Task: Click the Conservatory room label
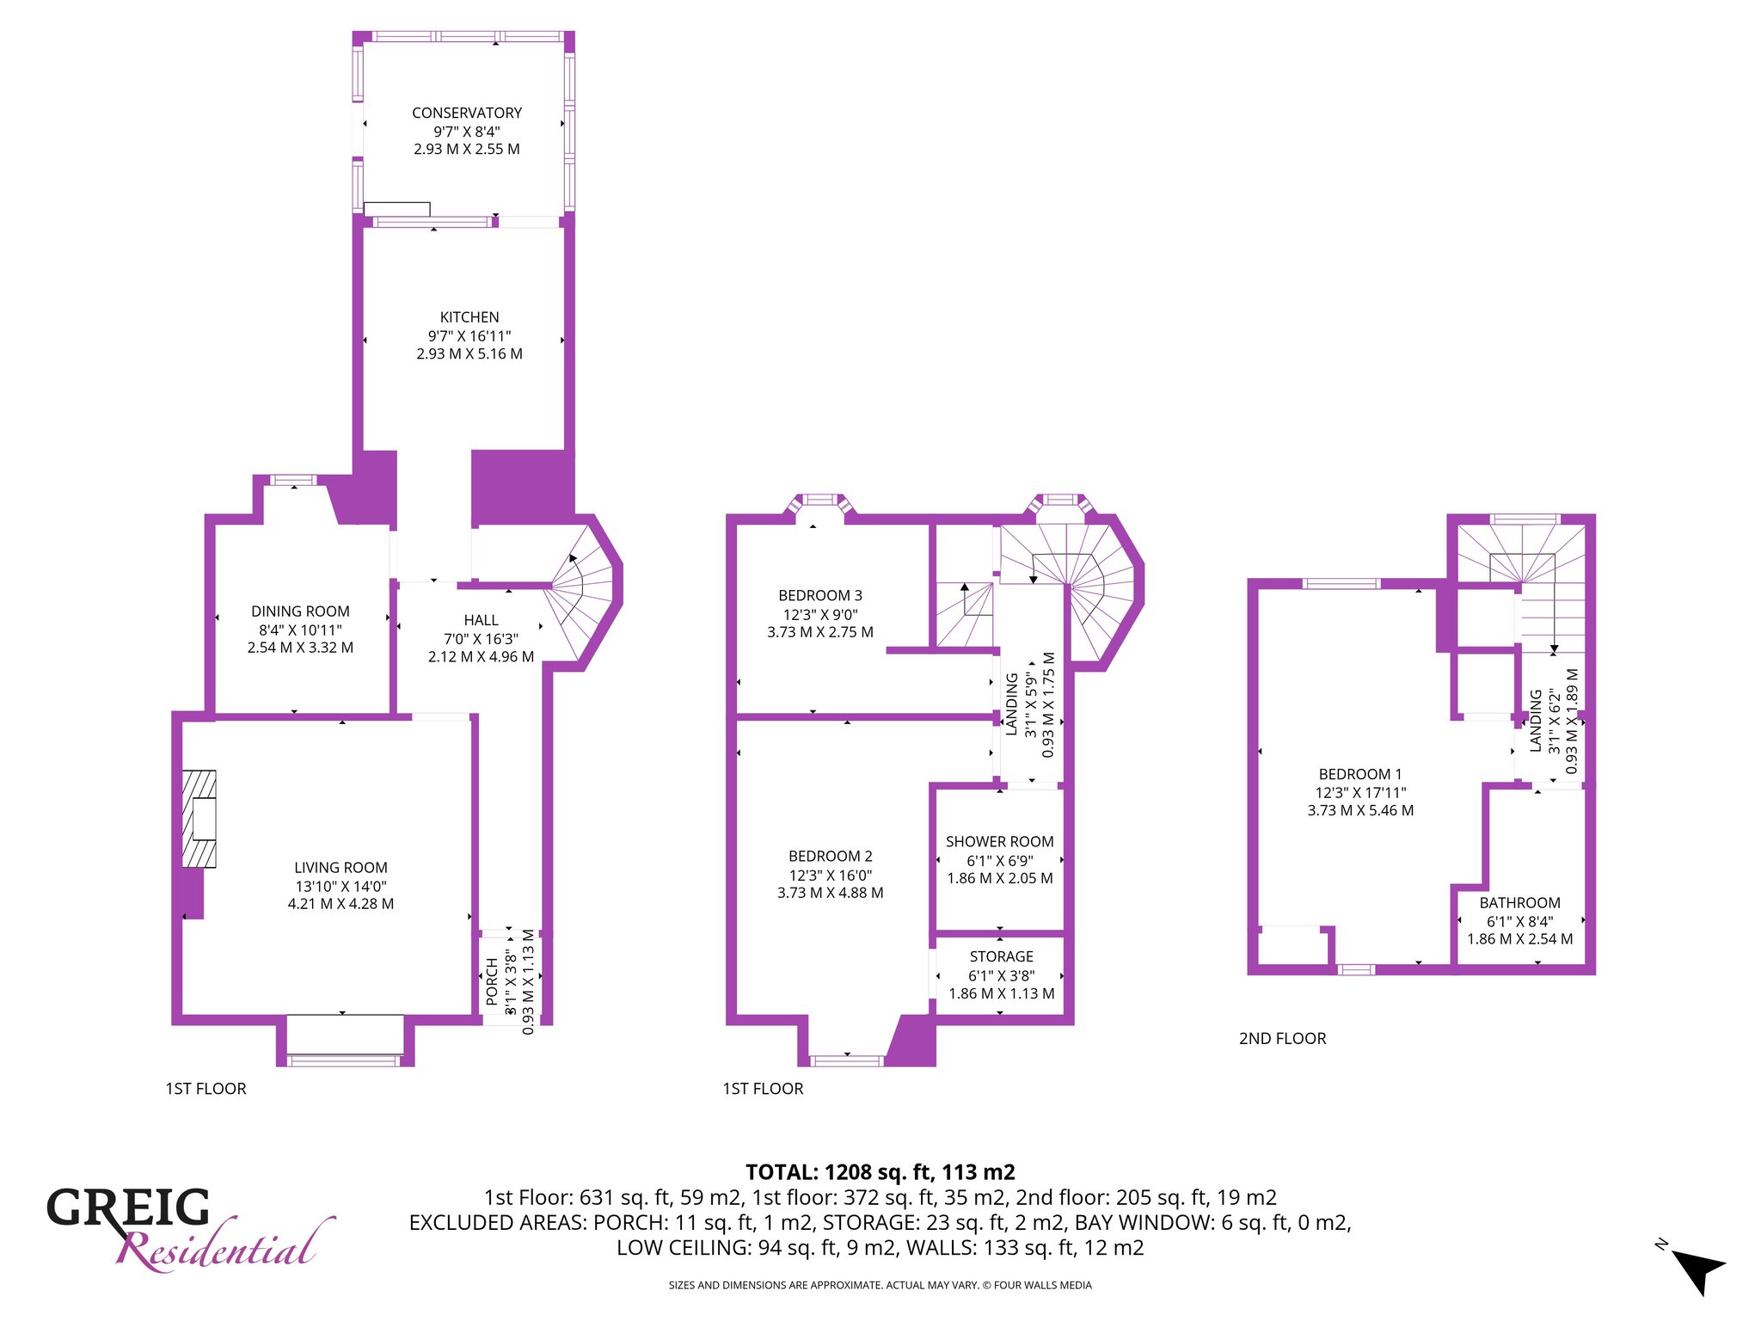coord(467,113)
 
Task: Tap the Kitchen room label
coord(469,317)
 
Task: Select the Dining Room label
coord(300,611)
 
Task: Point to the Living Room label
coord(341,868)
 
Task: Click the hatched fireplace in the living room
coord(199,819)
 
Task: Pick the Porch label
coord(492,981)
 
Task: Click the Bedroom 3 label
coord(820,595)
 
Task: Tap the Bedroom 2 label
coord(831,856)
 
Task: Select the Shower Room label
coord(1000,842)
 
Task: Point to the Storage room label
coord(1002,956)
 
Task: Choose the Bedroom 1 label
coord(1360,774)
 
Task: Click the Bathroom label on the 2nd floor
coord(1520,903)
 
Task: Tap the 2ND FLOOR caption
coord(1283,1038)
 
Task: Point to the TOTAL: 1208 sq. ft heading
coord(880,1172)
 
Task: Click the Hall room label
coord(482,620)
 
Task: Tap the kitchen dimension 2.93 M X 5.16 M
coord(469,353)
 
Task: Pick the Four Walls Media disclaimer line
coord(880,1286)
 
